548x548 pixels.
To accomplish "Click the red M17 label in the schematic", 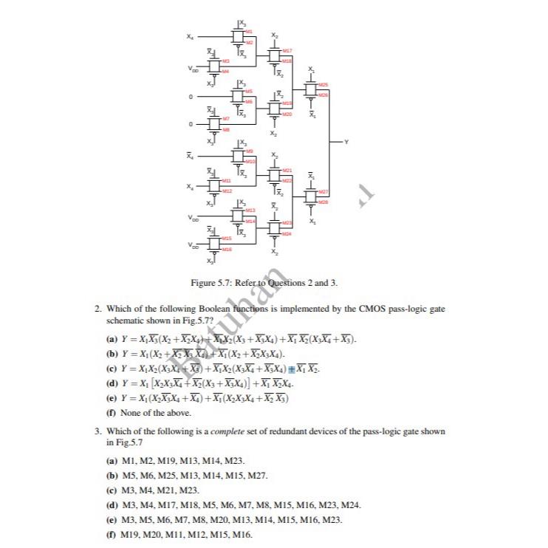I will point(287,50).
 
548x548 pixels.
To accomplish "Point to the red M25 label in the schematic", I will point(323,86).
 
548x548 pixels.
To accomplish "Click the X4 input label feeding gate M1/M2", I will point(191,36).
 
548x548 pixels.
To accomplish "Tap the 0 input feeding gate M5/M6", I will point(191,96).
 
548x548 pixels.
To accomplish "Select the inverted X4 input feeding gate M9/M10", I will point(191,156).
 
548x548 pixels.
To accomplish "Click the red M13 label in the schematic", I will point(250,210).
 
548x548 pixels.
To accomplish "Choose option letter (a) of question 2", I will point(112,339).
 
